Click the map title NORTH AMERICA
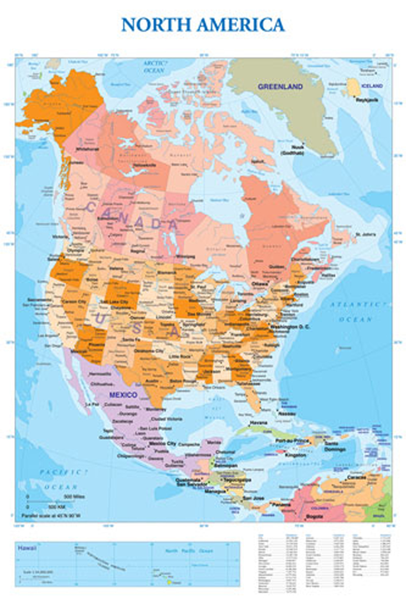point(203,24)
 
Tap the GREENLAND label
point(280,86)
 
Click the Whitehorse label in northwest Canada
point(87,149)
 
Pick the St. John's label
point(365,234)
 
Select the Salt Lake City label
point(116,302)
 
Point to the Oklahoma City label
point(149,351)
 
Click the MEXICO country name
point(123,394)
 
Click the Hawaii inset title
point(25,548)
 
